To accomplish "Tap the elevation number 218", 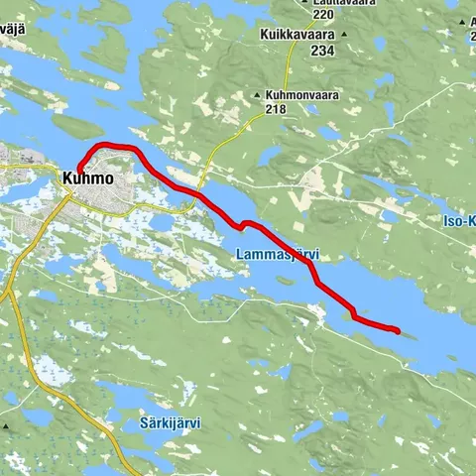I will coord(279,108).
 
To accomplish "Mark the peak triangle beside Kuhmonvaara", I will coord(258,95).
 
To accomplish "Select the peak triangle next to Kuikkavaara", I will coord(343,35).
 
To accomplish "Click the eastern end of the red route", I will coord(397,331).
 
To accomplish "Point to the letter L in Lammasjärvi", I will coord(241,255).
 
